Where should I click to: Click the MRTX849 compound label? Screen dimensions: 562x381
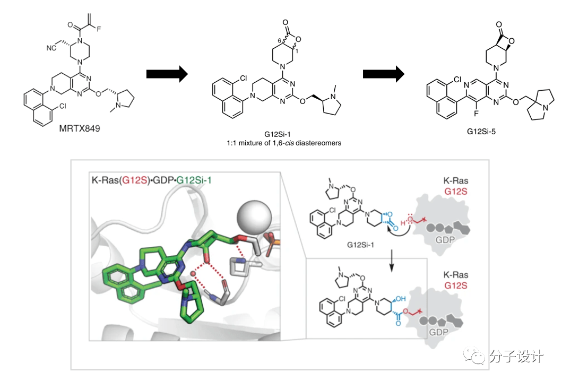(80, 128)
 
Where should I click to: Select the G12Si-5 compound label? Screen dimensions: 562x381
(481, 132)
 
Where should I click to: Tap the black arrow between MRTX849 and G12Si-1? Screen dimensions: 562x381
(167, 74)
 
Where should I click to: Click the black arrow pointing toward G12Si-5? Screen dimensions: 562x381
(384, 74)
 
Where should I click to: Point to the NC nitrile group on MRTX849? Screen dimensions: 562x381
(51, 48)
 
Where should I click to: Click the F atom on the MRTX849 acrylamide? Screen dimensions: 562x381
(99, 29)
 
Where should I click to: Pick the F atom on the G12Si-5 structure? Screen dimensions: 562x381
(476, 114)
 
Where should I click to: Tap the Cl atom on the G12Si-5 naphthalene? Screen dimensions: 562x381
(457, 79)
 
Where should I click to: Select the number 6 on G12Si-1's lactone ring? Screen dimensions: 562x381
(279, 40)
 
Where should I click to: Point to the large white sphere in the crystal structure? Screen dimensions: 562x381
(254, 217)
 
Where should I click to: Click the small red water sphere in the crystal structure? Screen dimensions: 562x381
(193, 274)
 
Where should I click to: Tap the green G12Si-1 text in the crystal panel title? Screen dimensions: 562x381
(194, 179)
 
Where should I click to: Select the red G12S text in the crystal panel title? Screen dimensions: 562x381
(134, 179)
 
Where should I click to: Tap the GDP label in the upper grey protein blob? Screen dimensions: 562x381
(445, 240)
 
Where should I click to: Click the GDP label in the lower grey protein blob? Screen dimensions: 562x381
(438, 332)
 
